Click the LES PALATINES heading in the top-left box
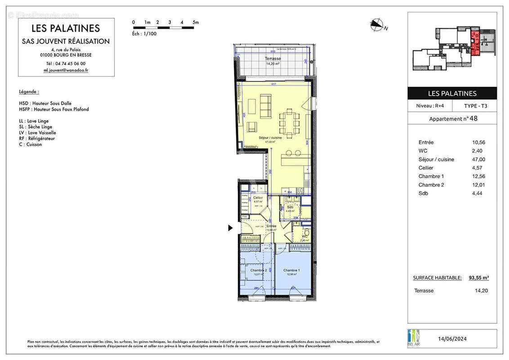pyautogui.click(x=66, y=28)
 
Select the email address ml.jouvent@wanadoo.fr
pyautogui.click(x=66, y=70)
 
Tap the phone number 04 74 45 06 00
pyautogui.click(x=66, y=63)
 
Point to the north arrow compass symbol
pyautogui.click(x=376, y=25)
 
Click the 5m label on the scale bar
pyautogui.click(x=195, y=22)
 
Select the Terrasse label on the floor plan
pyautogui.click(x=272, y=59)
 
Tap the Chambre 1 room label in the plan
pyautogui.click(x=292, y=270)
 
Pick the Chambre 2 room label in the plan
pyautogui.click(x=259, y=270)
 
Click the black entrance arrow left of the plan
pyautogui.click(x=231, y=228)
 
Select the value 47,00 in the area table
pyautogui.click(x=477, y=159)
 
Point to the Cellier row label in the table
pyautogui.click(x=426, y=168)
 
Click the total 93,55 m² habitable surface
pyautogui.click(x=479, y=278)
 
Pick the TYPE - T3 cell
pyautogui.click(x=475, y=106)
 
